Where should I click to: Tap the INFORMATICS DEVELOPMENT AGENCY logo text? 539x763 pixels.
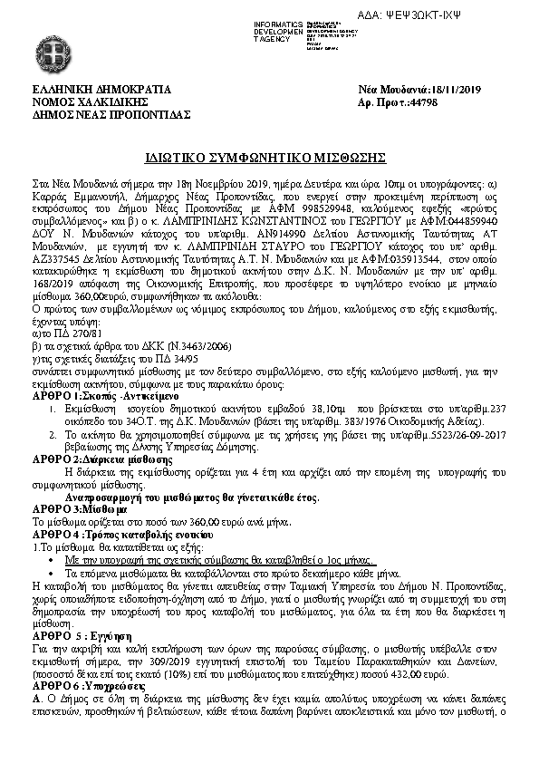(279, 29)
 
